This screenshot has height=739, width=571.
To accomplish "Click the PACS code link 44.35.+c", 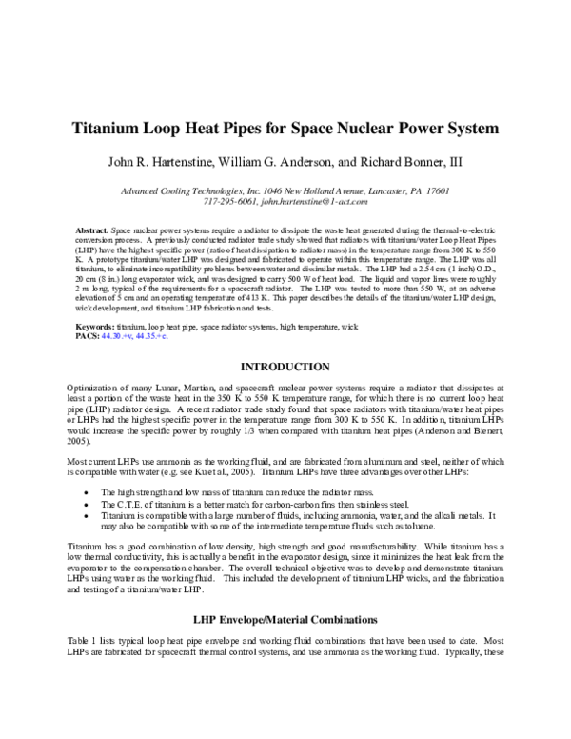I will [x=154, y=335].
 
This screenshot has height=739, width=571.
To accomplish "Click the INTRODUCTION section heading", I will [x=285, y=367].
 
